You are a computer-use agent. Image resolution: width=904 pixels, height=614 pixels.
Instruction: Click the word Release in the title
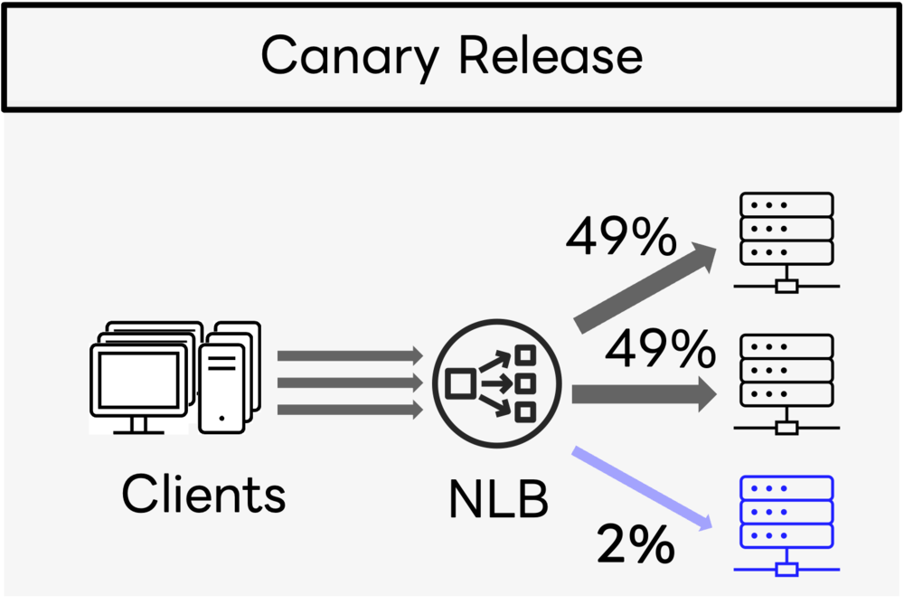tap(551, 56)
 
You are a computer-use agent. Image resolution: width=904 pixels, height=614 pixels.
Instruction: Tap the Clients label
tap(203, 495)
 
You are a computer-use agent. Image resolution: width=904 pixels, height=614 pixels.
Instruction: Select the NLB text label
tap(498, 500)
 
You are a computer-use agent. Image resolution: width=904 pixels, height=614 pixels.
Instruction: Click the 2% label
tap(635, 545)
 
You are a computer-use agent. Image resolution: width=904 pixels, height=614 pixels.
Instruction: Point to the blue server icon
tap(786, 512)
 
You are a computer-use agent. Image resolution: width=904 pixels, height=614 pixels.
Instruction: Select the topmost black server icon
tap(786, 227)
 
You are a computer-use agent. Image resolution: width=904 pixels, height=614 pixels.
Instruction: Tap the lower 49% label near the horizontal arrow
tap(660, 350)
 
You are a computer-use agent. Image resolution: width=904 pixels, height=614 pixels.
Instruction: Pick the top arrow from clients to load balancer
tap(348, 355)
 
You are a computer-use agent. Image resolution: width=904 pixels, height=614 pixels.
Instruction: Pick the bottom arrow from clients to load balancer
tap(348, 411)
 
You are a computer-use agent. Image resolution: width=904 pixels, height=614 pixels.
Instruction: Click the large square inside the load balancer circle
tap(460, 384)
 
